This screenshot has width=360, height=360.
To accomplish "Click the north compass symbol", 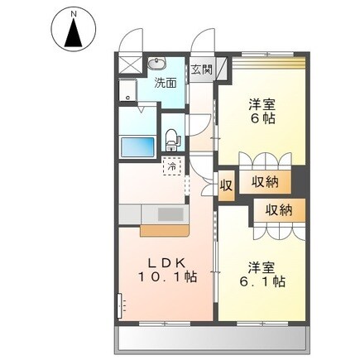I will (x=74, y=34).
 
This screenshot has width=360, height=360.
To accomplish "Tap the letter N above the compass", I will (x=74, y=12).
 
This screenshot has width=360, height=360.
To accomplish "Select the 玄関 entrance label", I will (x=202, y=69).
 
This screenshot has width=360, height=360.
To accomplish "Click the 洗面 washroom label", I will (x=166, y=83).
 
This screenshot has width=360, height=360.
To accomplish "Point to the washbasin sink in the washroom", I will (x=157, y=65).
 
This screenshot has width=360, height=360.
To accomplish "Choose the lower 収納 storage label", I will (x=278, y=210).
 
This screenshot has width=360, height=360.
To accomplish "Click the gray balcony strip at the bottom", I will (x=215, y=338).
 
